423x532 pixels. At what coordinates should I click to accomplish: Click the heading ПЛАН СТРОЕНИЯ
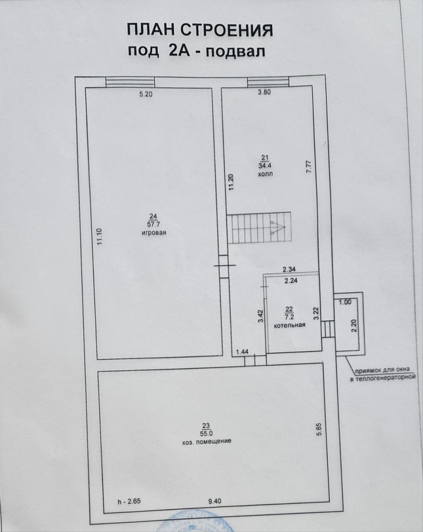(x=200, y=30)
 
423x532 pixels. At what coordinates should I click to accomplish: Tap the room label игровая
(x=154, y=233)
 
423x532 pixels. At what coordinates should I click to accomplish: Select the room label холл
(x=265, y=174)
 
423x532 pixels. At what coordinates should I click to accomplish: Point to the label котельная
(x=290, y=325)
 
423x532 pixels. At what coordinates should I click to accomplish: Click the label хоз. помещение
(x=206, y=441)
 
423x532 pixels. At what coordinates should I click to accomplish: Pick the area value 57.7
(x=153, y=225)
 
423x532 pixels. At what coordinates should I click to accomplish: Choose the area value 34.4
(x=265, y=165)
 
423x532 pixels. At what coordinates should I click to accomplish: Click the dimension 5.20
(x=146, y=94)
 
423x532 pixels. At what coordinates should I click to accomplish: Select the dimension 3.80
(x=264, y=92)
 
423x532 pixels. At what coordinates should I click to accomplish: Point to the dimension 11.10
(x=99, y=237)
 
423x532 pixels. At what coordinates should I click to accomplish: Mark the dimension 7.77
(x=309, y=167)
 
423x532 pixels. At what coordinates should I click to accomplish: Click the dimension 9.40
(x=215, y=501)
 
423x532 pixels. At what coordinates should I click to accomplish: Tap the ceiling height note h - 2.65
(x=129, y=501)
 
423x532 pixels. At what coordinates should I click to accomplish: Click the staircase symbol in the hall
(x=259, y=228)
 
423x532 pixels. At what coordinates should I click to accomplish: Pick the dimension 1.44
(x=242, y=352)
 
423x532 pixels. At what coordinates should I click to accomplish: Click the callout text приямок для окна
(x=383, y=370)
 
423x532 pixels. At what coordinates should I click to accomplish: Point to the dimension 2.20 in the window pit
(x=354, y=326)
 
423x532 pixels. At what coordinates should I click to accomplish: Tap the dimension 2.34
(x=289, y=269)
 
